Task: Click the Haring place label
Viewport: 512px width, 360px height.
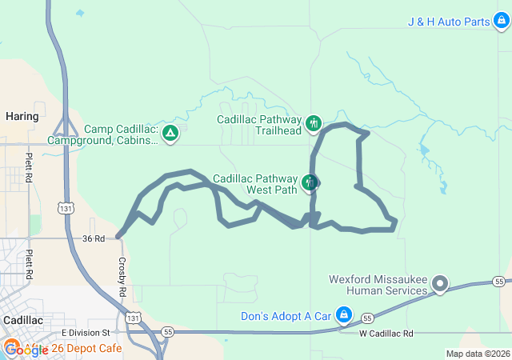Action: point(22,116)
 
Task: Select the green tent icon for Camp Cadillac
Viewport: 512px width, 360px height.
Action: point(170,133)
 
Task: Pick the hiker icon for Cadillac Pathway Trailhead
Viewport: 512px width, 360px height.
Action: point(314,123)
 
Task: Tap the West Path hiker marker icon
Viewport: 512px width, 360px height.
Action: point(310,183)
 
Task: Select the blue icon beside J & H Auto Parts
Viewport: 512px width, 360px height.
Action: point(501,22)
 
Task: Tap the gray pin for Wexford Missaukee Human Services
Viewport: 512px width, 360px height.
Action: point(439,284)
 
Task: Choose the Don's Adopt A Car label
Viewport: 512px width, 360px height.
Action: point(286,315)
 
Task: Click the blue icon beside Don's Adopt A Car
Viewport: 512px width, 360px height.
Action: point(344,315)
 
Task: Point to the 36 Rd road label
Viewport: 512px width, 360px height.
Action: point(94,238)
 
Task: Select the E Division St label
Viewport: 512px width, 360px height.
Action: point(84,332)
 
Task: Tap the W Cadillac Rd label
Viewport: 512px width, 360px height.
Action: point(386,333)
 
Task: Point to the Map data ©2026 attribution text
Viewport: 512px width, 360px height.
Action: point(476,354)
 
